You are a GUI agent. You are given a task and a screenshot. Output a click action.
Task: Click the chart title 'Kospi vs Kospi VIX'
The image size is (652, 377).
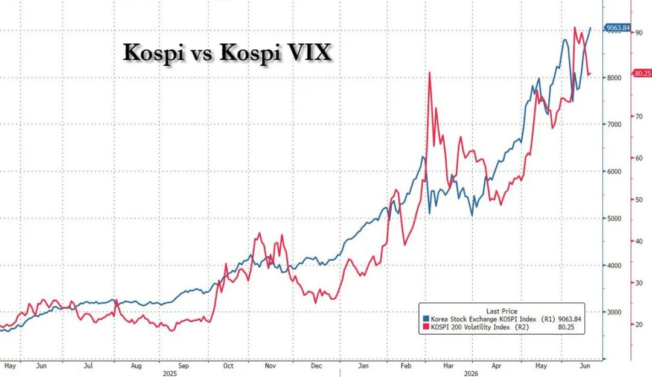pos(227,53)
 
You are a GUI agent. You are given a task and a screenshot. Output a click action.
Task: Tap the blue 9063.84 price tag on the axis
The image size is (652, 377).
pos(618,28)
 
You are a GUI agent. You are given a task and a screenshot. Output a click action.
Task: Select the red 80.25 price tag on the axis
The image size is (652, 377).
pos(642,73)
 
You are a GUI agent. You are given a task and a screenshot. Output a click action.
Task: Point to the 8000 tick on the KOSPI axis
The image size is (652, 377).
pos(613,78)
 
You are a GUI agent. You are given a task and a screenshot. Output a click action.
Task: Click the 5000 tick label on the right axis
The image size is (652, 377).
pos(613,218)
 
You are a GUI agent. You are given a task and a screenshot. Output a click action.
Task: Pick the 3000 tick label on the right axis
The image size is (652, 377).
pos(613,312)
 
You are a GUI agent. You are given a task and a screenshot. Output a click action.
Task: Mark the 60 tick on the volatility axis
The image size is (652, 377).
pos(639,158)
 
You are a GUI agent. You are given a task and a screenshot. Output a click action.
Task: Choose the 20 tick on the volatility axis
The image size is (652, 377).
pos(639,325)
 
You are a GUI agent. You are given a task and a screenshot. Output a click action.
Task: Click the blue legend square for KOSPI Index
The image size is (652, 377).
pos(426,319)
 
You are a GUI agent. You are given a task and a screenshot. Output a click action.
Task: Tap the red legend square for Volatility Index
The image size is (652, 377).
pos(426,327)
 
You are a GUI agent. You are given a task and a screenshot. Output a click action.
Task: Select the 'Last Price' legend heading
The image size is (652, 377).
pos(502,311)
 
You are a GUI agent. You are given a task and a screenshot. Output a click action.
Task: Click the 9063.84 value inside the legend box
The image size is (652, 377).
pos(569,319)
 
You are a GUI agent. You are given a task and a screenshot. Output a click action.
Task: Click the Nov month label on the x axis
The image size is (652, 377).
pos(270,366)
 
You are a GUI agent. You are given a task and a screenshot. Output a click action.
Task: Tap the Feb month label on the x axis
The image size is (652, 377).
pos(406,366)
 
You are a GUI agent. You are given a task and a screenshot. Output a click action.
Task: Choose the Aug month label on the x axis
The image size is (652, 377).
pos(136,366)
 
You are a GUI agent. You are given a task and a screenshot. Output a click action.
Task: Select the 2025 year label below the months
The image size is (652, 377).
pos(170,373)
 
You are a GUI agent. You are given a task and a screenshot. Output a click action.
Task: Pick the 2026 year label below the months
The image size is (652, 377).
pos(471,373)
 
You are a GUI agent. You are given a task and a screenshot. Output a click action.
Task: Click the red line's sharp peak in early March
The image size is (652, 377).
pos(430,73)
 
